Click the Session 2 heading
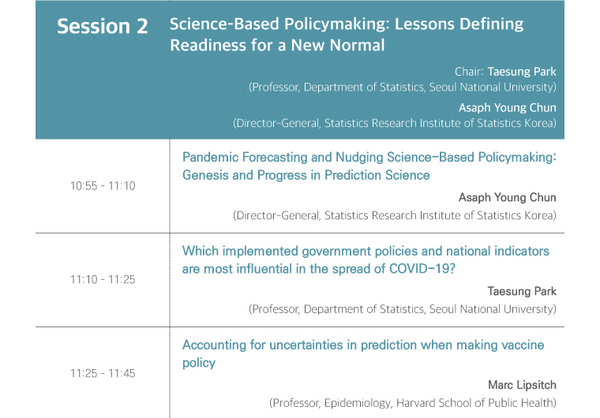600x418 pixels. tap(102, 26)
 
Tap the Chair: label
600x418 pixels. tap(470, 72)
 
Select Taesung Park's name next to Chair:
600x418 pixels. tap(522, 72)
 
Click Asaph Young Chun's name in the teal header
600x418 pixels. tap(508, 108)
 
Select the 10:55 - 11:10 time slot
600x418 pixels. tap(103, 186)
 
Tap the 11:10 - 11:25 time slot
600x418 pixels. tap(103, 279)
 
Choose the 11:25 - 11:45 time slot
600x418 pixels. tap(103, 373)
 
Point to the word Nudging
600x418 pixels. tap(360, 158)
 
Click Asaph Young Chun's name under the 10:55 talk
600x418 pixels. tap(508, 198)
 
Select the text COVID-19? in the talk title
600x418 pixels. tap(422, 269)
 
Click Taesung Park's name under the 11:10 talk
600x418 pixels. tap(522, 291)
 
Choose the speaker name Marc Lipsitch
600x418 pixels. tap(523, 385)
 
